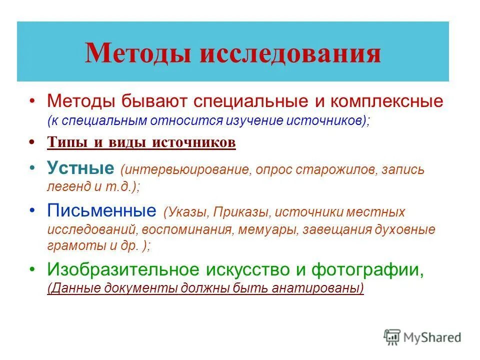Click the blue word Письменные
coord(101,210)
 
